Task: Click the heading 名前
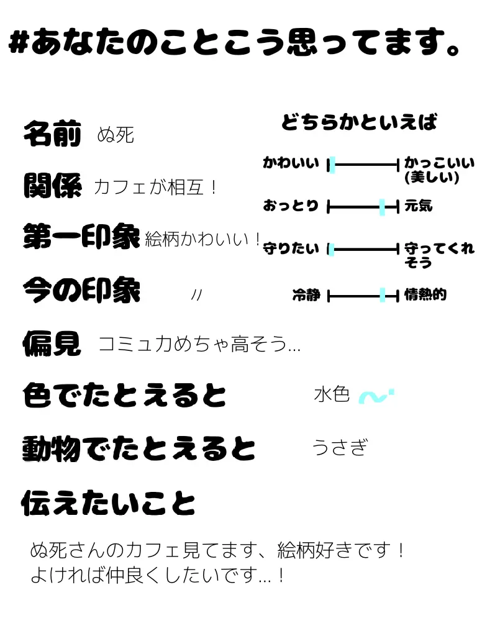[52, 134]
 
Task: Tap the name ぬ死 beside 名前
[116, 135]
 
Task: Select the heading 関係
[52, 185]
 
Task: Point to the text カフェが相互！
[155, 187]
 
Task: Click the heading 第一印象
[81, 237]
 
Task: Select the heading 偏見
[52, 343]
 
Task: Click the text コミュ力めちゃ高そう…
[199, 343]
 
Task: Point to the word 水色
[332, 394]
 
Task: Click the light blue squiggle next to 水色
[376, 396]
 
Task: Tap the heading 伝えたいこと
[109, 504]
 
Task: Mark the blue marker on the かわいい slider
[332, 165]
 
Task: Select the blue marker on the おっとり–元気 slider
[382, 207]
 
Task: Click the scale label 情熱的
[425, 295]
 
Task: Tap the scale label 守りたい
[291, 250]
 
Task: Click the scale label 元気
[418, 206]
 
